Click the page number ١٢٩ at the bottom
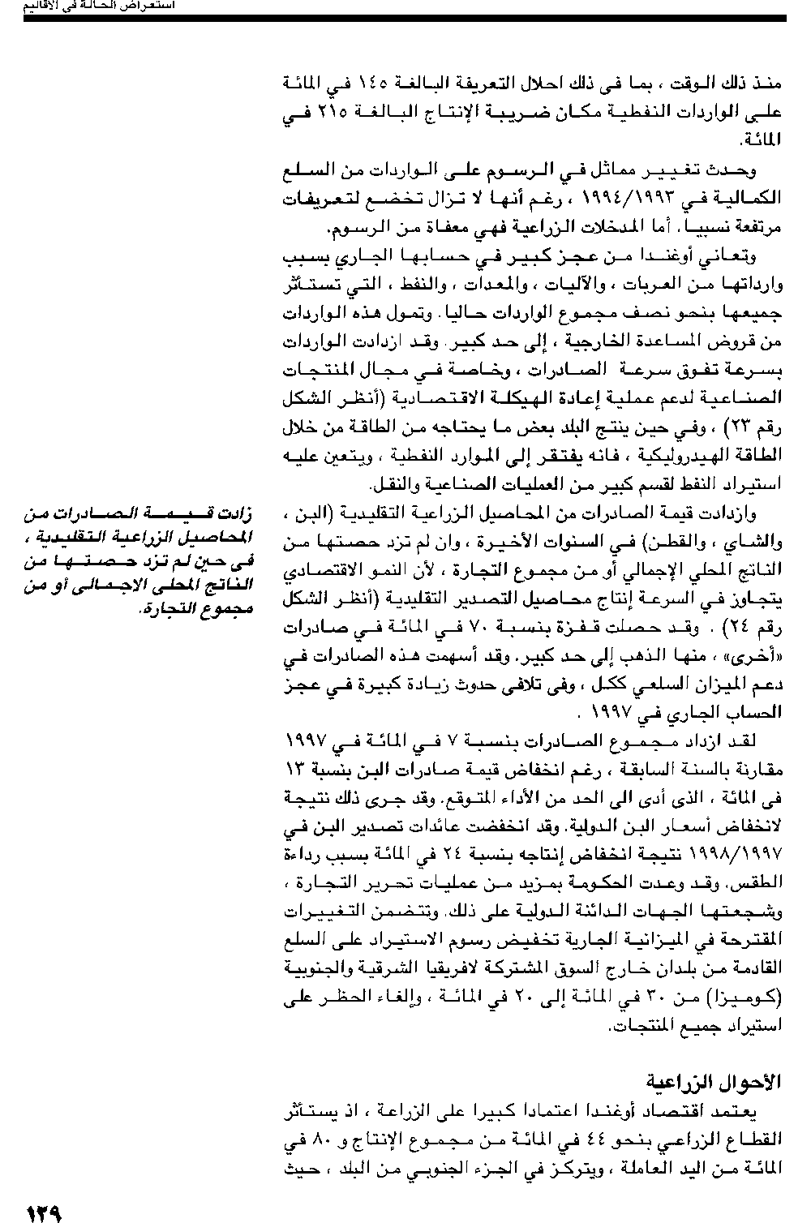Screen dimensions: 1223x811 pos(45,1213)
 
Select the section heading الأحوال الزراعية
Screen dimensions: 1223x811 pos(714,1082)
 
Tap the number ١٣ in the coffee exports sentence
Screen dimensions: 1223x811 pos(296,768)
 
